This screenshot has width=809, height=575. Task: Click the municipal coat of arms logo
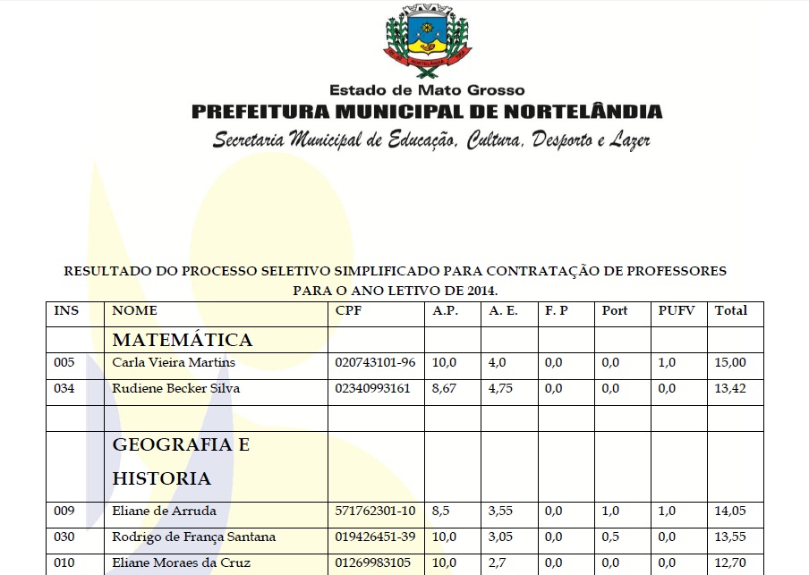pos(427,41)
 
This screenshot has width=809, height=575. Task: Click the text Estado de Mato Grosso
pos(427,90)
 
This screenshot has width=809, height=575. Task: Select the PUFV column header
pos(676,311)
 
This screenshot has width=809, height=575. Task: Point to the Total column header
pos(730,311)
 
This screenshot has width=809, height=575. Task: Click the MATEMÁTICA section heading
pos(182,340)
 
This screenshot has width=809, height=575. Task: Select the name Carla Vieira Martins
pos(174,362)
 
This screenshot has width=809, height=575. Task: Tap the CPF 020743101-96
pos(375,362)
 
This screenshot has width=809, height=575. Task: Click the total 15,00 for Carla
pos(729,362)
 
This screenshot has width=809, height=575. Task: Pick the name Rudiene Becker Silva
pos(175,389)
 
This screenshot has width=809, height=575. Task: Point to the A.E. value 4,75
pos(502,389)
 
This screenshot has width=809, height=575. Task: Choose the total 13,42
pos(729,389)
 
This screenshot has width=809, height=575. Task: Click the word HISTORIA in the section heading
pos(161,479)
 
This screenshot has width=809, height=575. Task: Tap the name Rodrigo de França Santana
pos(193,537)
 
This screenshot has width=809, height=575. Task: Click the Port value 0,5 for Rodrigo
pos(610,537)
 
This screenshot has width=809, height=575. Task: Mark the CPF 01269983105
pos(374,563)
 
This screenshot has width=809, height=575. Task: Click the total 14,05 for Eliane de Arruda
pos(729,512)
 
